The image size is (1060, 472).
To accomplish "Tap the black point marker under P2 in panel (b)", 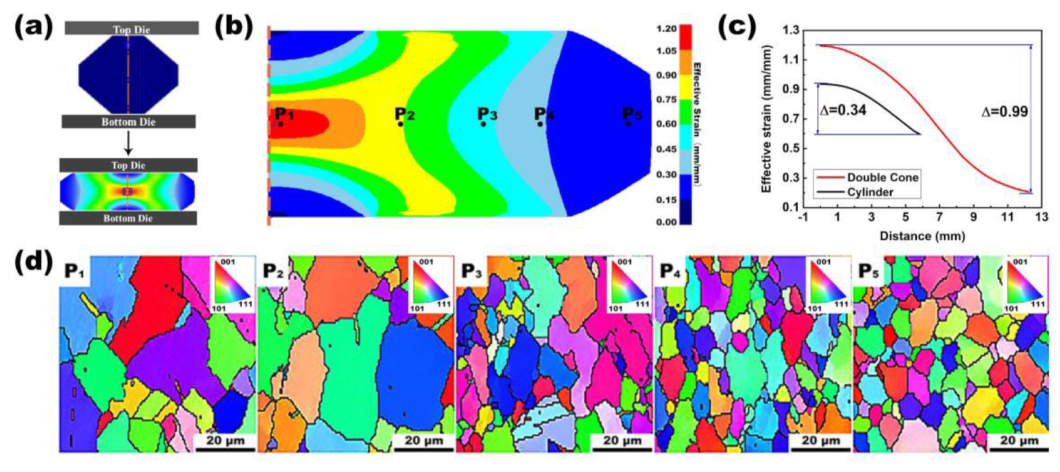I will [x=400, y=124].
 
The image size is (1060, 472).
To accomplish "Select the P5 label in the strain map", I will [x=632, y=115].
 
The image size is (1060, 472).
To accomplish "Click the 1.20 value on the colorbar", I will [x=666, y=28].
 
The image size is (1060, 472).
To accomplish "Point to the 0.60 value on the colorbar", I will [x=666, y=124].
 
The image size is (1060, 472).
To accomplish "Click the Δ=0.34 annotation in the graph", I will [x=843, y=110].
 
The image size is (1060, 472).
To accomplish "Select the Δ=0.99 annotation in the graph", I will [x=1004, y=111].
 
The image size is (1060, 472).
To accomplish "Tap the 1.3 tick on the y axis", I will [x=790, y=30].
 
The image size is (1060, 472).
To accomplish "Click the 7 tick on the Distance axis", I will [x=939, y=218].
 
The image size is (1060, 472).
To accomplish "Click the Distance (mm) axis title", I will [x=922, y=236].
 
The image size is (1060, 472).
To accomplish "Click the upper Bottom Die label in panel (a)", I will [x=129, y=122].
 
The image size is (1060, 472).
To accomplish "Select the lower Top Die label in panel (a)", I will [x=129, y=165].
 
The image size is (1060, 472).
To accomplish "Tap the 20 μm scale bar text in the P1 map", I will [x=225, y=440].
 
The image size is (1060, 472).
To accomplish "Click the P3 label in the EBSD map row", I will [x=471, y=271].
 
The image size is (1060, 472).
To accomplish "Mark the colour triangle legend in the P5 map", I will [x=1026, y=284].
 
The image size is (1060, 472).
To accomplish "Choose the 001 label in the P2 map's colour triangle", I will [x=426, y=262].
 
